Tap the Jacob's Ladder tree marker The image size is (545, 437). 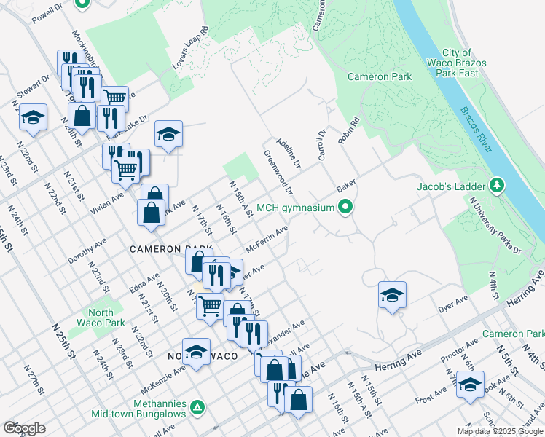point(498,186)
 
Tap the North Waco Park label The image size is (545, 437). point(101,318)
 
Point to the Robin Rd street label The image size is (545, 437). point(348,130)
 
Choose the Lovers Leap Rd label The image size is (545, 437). point(191,49)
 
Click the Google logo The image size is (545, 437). point(24,428)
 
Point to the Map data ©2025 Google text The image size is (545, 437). point(500,431)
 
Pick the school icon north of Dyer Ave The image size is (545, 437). point(392,295)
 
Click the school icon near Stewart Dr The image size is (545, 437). point(33,117)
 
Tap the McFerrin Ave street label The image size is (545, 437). point(267,237)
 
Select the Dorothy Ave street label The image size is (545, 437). point(87,250)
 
